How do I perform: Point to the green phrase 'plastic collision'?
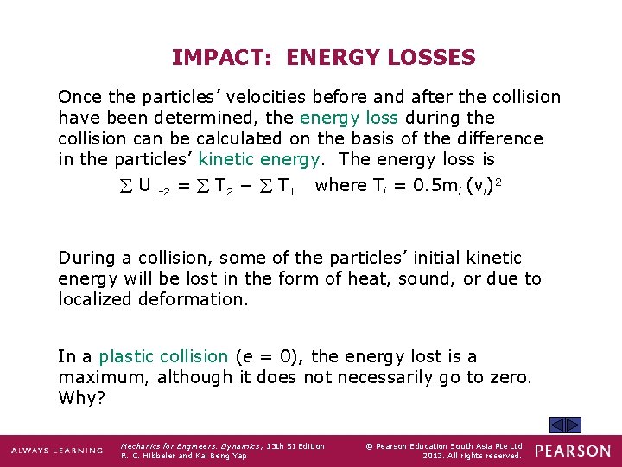(163, 356)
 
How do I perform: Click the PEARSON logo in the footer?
(572, 451)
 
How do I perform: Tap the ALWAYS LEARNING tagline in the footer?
(57, 451)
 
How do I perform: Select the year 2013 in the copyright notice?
(433, 456)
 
